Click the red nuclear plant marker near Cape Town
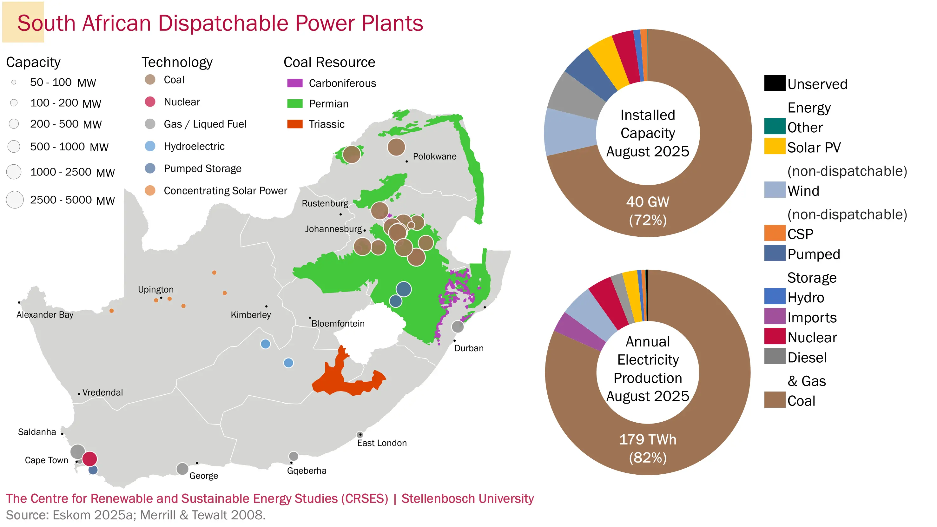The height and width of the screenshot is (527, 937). pos(89,458)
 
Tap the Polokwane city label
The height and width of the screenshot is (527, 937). pos(434,156)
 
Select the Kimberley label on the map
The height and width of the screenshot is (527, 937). pos(251,315)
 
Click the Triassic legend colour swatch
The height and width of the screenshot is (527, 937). pos(295,124)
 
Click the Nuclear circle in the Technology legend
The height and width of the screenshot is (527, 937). pos(150,102)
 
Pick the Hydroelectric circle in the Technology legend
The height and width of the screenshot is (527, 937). pos(150,146)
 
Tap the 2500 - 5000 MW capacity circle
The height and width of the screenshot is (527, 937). pos(15,200)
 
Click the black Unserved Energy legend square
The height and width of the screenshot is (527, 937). pos(775,83)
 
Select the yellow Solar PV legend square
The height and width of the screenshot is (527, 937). pos(775,147)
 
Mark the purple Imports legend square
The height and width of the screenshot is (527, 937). pos(775,316)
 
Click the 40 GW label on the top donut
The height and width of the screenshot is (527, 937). pos(648,202)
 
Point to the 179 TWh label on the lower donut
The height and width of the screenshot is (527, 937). pos(648,439)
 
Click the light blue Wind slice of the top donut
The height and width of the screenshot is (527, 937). pos(569,132)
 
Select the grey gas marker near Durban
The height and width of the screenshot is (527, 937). pos(457,326)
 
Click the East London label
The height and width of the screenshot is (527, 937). pos(382,443)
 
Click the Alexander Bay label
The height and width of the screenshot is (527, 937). pos(45,315)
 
